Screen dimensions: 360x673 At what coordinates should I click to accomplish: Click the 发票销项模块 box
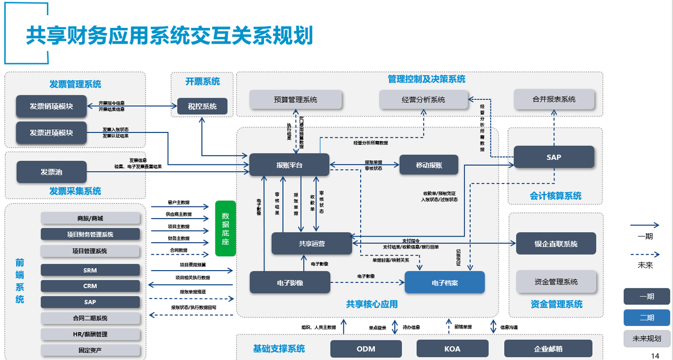[x=51, y=106]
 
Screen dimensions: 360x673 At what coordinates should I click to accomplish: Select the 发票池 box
[x=52, y=172]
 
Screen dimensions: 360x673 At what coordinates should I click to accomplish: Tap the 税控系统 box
[x=202, y=106]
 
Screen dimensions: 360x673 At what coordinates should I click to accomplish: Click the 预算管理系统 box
[x=295, y=99]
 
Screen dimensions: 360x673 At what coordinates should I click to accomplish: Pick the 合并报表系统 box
[x=554, y=99]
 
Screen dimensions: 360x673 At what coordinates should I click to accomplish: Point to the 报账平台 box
[x=289, y=165]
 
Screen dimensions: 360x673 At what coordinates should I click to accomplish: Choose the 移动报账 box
[x=429, y=165]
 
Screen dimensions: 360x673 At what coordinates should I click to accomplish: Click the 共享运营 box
[x=312, y=243]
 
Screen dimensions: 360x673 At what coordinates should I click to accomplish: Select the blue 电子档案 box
[x=444, y=283]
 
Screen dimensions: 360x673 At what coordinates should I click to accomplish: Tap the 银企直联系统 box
[x=556, y=244]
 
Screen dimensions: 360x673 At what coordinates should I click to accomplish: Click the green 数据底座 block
[x=226, y=228]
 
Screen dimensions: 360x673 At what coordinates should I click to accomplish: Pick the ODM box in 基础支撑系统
[x=366, y=349]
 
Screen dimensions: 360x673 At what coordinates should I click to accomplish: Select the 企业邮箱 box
[x=548, y=349]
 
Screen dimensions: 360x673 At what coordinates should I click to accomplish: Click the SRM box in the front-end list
[x=90, y=270]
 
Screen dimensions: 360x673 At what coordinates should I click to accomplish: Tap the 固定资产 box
[x=90, y=350]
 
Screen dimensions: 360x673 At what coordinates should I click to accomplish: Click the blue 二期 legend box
[x=646, y=317]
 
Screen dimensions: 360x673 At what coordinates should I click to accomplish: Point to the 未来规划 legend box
[x=646, y=338]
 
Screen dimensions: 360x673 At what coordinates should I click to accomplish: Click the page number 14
[x=655, y=356]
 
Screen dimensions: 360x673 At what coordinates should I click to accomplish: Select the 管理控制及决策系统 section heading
[x=426, y=79]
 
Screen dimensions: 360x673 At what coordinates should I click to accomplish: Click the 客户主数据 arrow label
[x=179, y=202]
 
